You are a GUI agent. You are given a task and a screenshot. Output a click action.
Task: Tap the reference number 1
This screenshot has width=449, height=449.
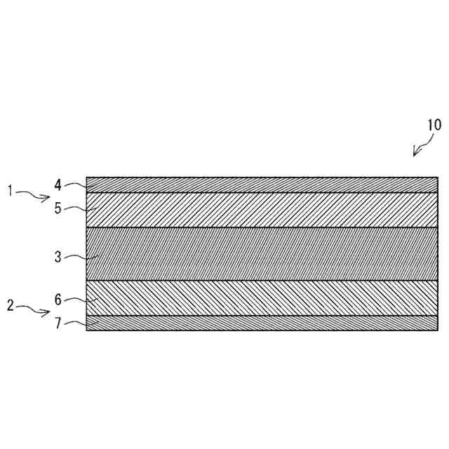[11, 191]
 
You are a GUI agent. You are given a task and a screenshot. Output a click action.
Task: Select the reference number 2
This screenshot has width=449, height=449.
[11, 305]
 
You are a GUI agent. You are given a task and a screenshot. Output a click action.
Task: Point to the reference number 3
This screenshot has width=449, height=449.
[58, 257]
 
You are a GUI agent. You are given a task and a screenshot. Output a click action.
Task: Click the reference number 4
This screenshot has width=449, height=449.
[58, 185]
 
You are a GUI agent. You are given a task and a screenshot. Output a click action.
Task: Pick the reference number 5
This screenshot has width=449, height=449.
[58, 208]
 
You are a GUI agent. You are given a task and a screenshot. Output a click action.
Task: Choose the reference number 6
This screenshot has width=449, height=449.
[58, 300]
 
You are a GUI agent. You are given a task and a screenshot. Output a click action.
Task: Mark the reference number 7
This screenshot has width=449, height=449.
[58, 325]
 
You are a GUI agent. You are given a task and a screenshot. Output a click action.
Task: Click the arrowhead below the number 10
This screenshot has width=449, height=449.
[416, 152]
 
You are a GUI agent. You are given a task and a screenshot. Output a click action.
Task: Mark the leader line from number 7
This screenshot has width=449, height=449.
[76, 323]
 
